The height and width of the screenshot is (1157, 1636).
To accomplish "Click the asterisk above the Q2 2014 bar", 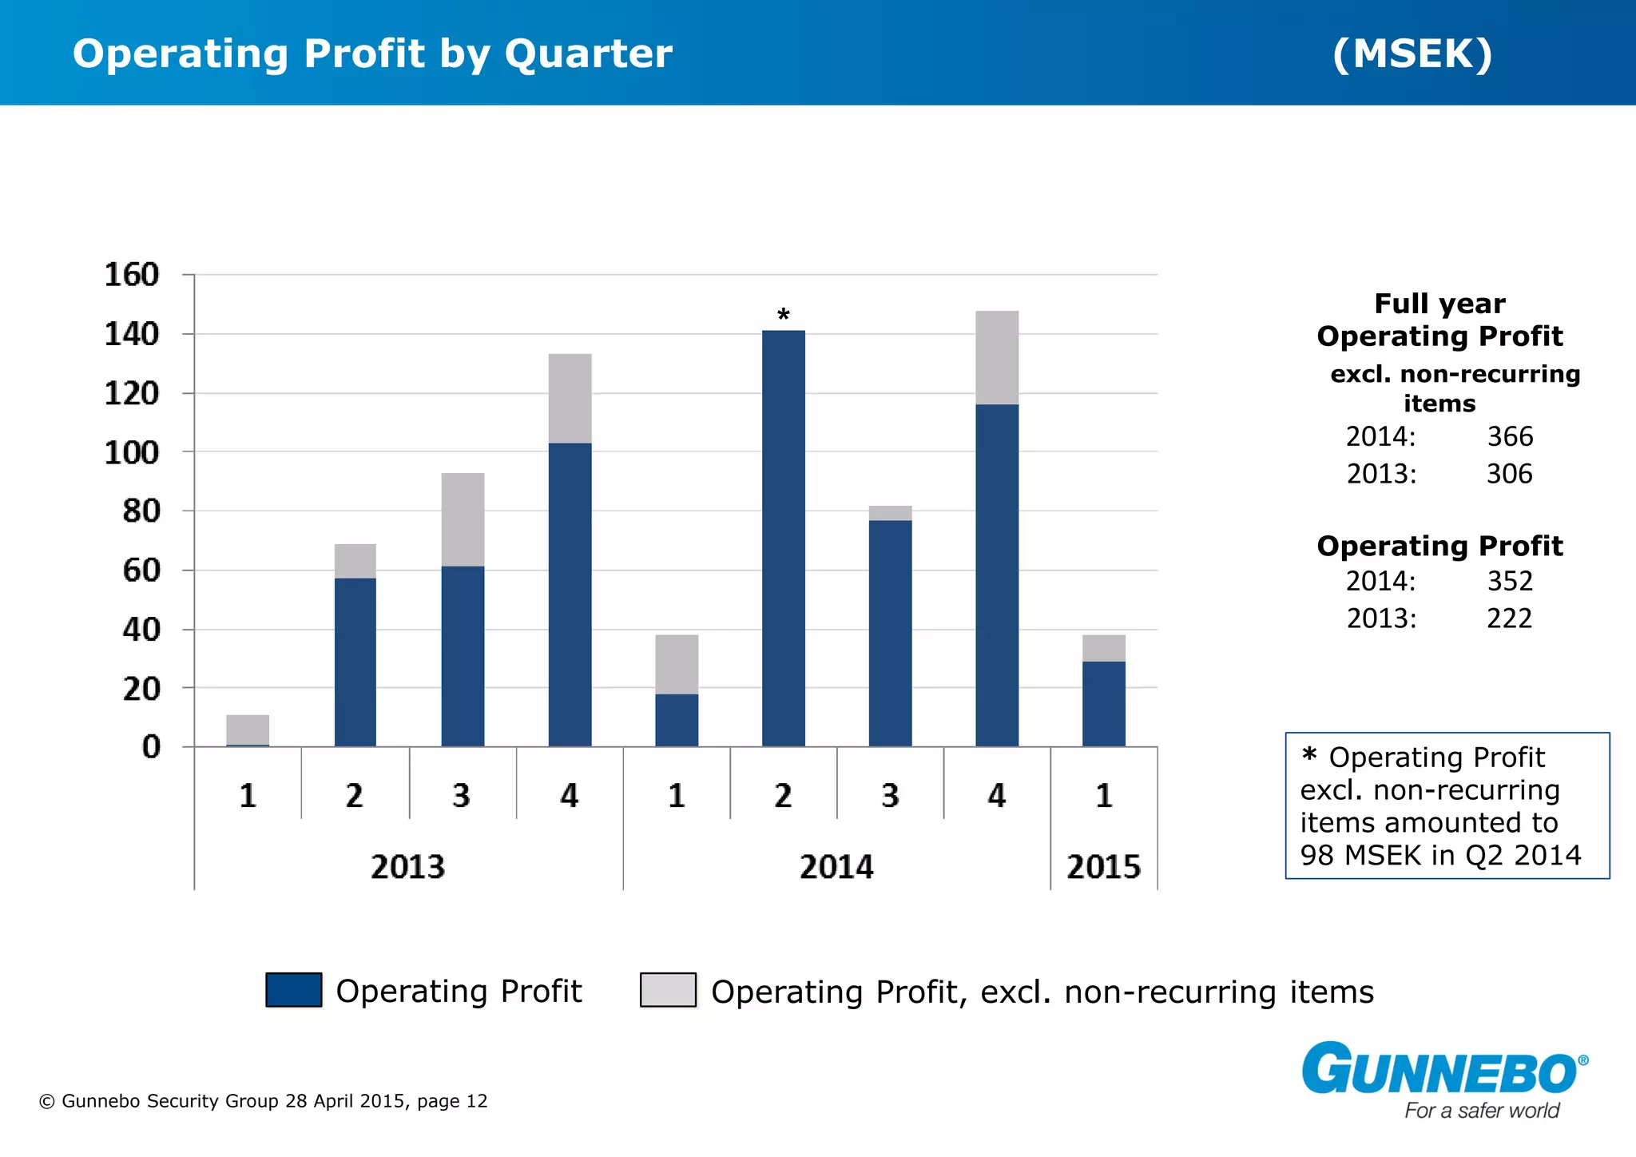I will click(784, 315).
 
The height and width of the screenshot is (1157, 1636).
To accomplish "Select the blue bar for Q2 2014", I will click(784, 539).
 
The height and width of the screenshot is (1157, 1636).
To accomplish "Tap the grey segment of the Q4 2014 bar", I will click(997, 357).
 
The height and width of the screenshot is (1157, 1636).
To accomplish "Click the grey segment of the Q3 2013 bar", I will click(463, 519).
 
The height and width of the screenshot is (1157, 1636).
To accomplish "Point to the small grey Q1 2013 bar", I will click(248, 729).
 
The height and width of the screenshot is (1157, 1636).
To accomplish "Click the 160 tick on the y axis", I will click(132, 275).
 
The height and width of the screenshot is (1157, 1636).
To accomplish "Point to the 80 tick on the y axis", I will click(141, 511).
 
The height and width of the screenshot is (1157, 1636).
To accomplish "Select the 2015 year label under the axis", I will click(1103, 867).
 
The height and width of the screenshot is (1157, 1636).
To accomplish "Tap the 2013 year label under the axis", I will click(407, 867).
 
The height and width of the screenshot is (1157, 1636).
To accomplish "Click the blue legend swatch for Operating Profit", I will click(293, 990).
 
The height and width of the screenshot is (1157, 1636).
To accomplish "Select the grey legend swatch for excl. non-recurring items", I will click(668, 990).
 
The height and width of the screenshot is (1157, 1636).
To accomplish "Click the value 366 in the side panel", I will click(1509, 436).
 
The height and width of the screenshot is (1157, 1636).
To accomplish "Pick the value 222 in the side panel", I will click(1509, 618).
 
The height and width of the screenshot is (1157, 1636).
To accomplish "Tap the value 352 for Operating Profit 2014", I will click(1509, 581).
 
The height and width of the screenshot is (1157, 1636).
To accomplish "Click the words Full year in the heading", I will click(1439, 304).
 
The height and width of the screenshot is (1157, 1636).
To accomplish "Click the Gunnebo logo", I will click(1444, 1071).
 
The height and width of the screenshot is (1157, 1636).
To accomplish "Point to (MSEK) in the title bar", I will click(1412, 54).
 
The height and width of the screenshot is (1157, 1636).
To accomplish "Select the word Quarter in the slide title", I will click(588, 54).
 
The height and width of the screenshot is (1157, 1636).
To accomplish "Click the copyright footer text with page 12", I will click(263, 1101).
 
